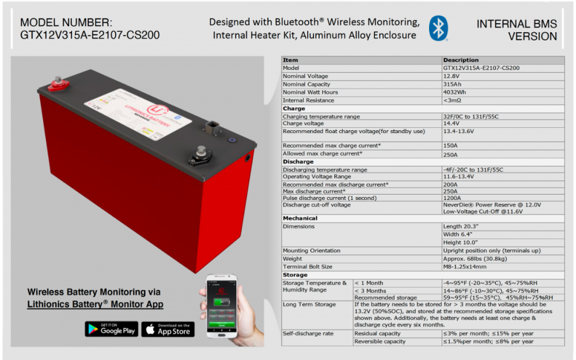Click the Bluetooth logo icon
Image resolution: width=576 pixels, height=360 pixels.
438,28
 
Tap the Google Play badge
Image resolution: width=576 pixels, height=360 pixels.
111,329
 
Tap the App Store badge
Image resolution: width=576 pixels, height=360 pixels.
168,329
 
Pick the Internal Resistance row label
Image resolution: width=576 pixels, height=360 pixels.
308,100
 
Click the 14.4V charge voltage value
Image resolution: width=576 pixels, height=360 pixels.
452,123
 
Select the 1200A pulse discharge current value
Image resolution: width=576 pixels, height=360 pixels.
453,198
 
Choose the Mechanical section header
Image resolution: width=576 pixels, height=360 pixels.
300,218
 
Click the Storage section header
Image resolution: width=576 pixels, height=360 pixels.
295,275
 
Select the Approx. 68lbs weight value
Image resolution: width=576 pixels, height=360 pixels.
475,259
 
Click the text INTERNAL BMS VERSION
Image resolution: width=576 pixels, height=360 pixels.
517,30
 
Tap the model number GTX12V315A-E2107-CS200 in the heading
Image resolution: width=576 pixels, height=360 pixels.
90,36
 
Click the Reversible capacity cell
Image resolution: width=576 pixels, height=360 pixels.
380,342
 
